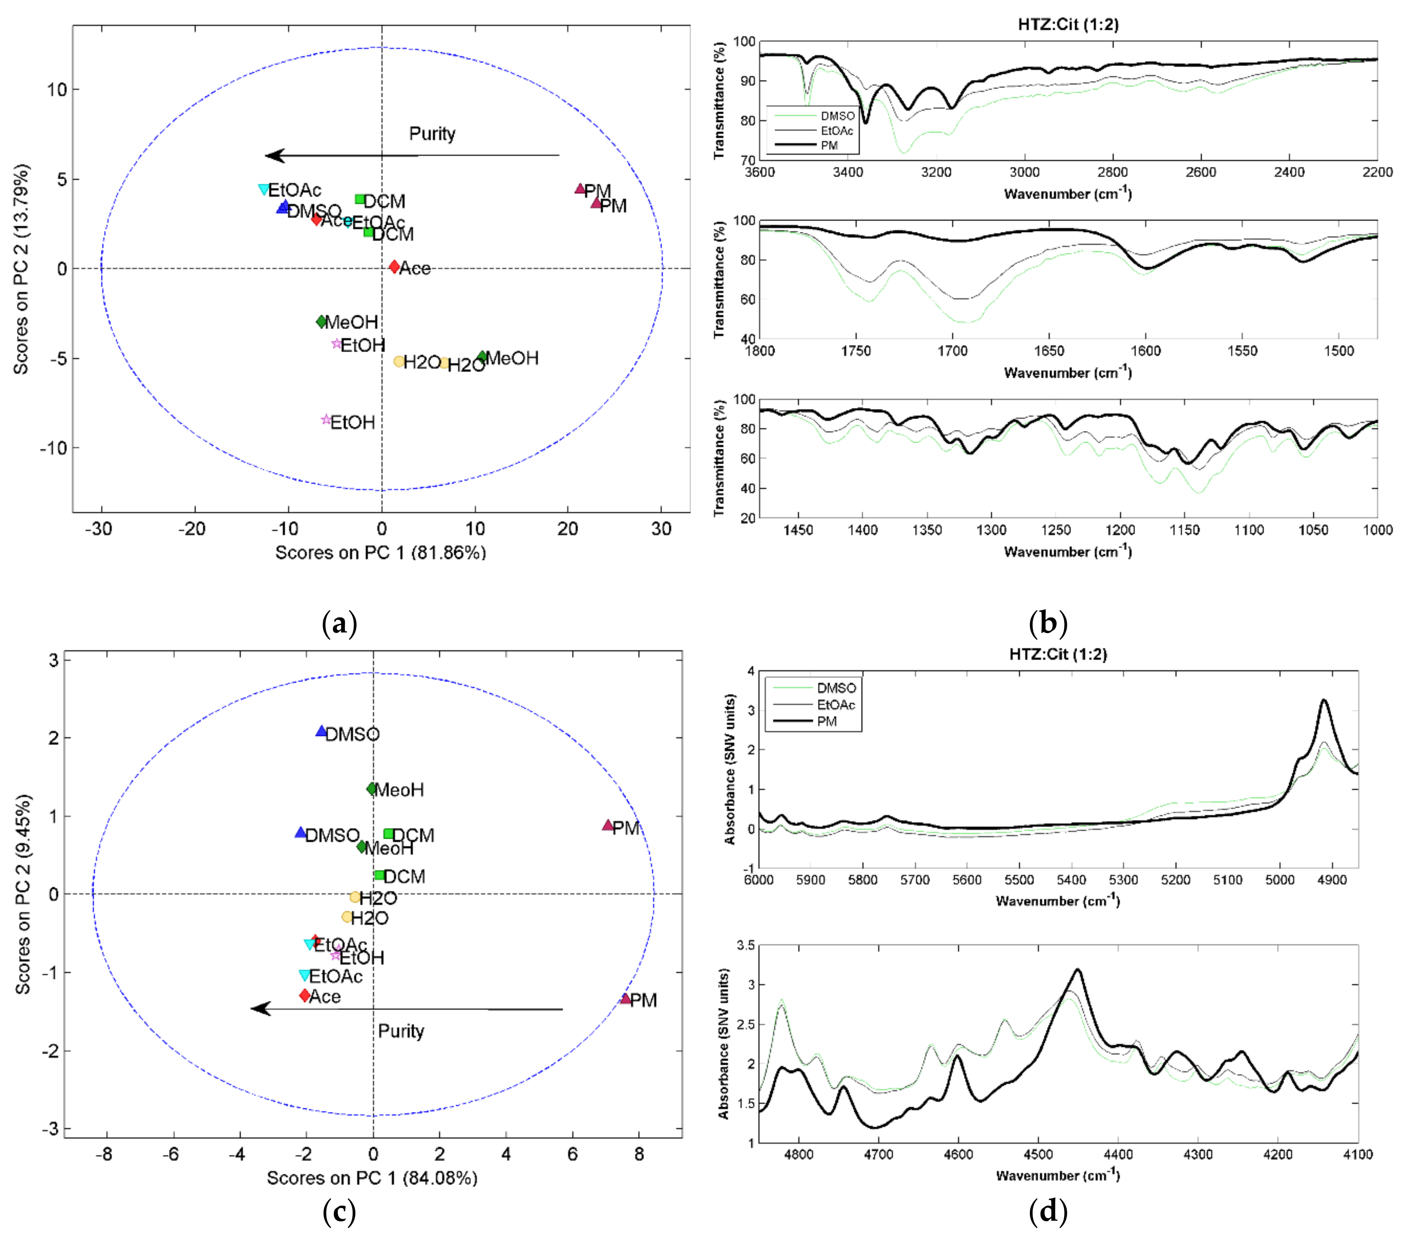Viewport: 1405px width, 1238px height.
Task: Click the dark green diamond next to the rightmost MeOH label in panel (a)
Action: coord(482,356)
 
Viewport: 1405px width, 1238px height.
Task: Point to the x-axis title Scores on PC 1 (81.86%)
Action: coord(380,552)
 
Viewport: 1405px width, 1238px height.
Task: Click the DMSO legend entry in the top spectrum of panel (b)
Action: coord(836,116)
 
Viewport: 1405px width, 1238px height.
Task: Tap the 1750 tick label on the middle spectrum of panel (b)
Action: coord(856,351)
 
